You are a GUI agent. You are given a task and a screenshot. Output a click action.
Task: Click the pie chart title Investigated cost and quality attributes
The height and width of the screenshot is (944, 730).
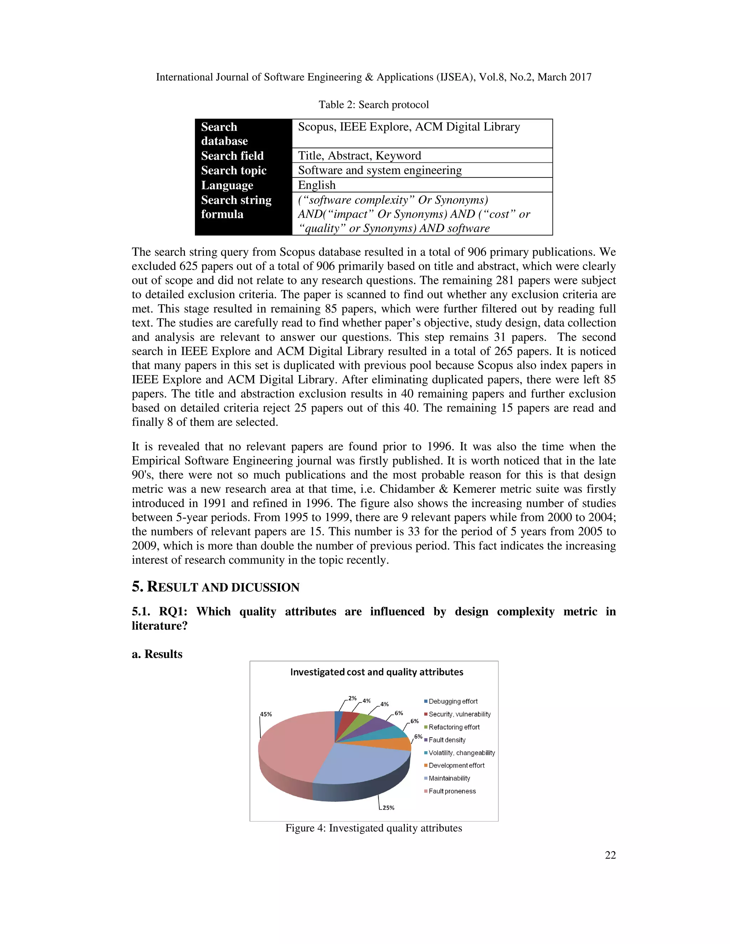pyautogui.click(x=376, y=672)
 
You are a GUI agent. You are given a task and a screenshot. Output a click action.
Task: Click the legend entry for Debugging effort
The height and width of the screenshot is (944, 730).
pyautogui.click(x=453, y=701)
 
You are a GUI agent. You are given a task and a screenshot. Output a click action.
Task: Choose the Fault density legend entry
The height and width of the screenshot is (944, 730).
pyautogui.click(x=447, y=740)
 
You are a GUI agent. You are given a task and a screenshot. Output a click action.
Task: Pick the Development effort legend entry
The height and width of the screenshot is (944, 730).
pyautogui.click(x=456, y=765)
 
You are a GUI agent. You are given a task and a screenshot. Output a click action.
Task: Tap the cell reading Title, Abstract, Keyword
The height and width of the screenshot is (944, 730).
pyautogui.click(x=359, y=156)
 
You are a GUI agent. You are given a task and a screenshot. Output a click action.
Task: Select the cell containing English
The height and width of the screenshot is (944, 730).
pyautogui.click(x=317, y=185)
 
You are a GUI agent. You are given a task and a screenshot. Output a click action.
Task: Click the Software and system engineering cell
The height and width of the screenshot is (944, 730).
pyautogui.click(x=380, y=170)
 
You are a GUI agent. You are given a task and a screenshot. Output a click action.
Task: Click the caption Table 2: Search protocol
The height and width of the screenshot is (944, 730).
pyautogui.click(x=374, y=105)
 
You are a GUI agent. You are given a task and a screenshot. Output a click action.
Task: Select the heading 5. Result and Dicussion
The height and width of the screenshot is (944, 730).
pyautogui.click(x=215, y=587)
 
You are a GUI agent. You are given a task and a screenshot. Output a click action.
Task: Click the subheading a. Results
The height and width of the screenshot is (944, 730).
pyautogui.click(x=157, y=654)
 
